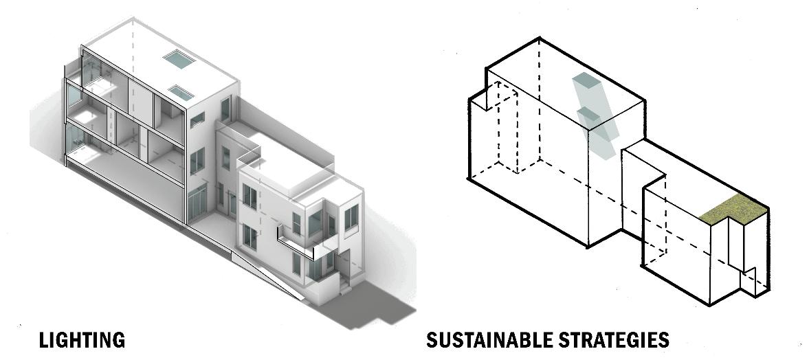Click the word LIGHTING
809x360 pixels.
click(x=82, y=339)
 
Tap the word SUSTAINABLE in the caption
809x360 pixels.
click(x=496, y=339)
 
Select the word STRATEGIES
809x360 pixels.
click(x=619, y=339)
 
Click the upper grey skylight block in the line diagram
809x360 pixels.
click(x=585, y=82)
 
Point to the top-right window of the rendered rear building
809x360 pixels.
click(x=351, y=218)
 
